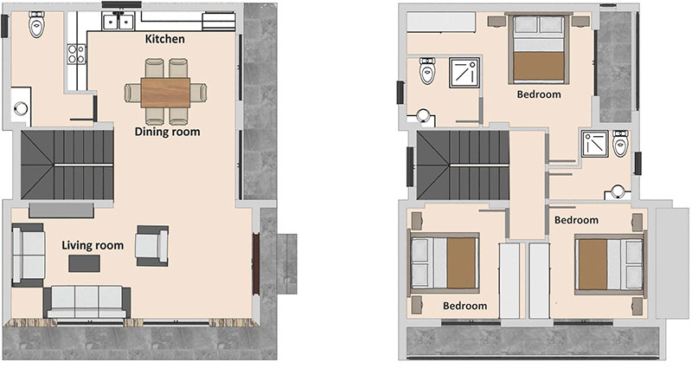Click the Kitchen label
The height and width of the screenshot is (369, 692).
[165, 39]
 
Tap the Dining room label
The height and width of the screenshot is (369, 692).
[167, 132]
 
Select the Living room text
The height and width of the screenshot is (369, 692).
[93, 246]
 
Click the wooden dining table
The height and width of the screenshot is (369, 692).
[165, 93]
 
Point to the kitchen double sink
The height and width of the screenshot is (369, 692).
[118, 21]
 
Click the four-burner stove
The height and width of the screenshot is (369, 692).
[76, 54]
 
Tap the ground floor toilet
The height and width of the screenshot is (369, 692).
[35, 24]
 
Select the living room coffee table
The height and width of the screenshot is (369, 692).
[84, 264]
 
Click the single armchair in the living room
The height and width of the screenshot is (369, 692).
[152, 246]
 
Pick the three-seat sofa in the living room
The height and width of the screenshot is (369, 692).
[87, 301]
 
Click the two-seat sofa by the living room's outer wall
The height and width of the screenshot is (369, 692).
[29, 256]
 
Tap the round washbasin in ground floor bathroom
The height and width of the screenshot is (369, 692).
[21, 108]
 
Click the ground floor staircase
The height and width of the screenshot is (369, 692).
[67, 165]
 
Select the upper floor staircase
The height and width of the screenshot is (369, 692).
[463, 165]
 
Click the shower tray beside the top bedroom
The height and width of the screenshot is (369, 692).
[465, 72]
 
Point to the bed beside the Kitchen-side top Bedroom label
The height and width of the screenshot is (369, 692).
[538, 49]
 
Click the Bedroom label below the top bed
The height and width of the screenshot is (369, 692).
[539, 94]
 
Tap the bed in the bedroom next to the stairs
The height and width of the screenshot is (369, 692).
[445, 263]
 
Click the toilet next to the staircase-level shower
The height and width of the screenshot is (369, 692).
[620, 143]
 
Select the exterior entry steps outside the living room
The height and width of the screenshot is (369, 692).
[286, 264]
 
